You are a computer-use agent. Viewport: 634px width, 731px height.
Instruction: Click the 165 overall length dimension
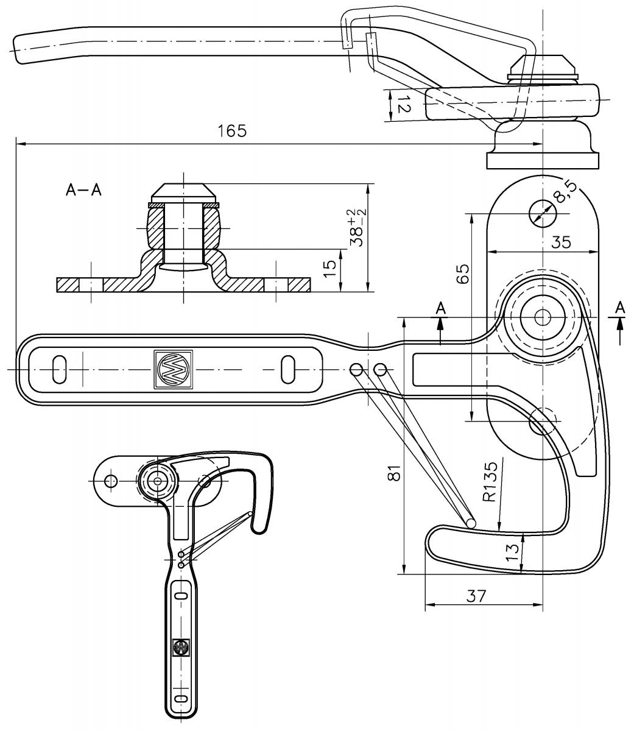[x=232, y=131]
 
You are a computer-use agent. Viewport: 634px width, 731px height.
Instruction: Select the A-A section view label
[x=83, y=190]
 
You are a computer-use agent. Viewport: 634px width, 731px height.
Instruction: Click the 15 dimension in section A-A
[x=330, y=268]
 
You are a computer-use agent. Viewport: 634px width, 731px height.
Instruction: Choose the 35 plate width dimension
[x=561, y=242]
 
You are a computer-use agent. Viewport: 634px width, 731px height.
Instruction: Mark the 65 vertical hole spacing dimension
[x=463, y=274]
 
